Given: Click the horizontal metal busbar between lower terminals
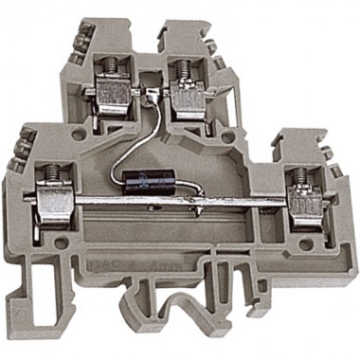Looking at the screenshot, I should pyautogui.click(x=171, y=200).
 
